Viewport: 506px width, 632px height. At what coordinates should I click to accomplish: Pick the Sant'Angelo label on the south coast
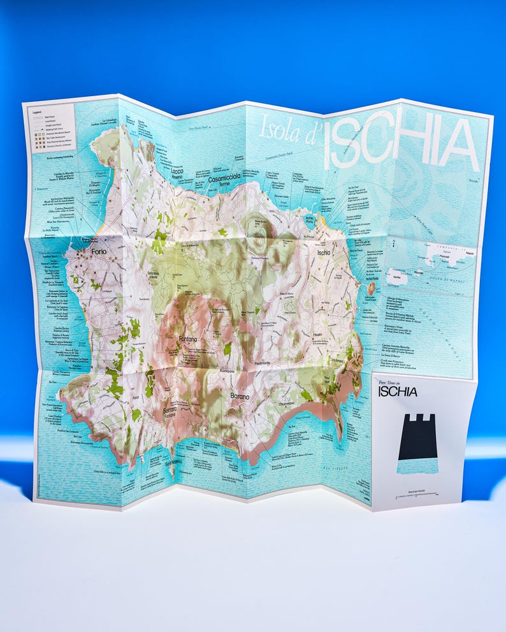point(173,463)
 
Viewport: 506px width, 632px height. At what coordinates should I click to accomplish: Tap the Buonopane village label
point(228,370)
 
